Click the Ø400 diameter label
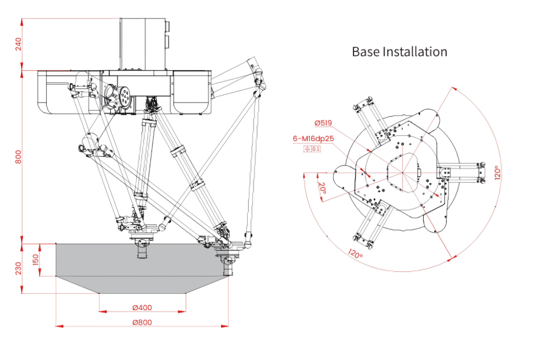[x=142, y=307]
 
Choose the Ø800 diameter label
[x=142, y=322]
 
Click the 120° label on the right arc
[x=498, y=172]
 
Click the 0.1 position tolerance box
[x=316, y=149]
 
